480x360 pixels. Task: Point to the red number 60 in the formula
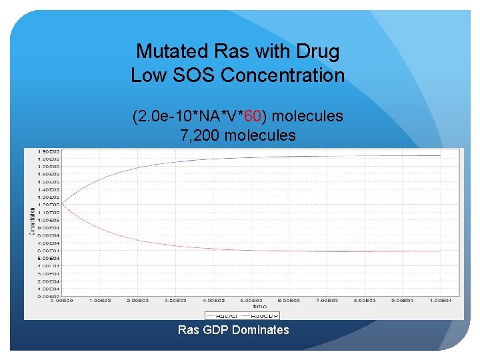[252, 117]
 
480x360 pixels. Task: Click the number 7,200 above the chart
[200, 136]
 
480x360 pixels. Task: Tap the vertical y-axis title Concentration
[31, 220]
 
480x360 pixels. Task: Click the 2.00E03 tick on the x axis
[139, 301]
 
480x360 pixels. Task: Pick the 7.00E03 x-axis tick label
[327, 301]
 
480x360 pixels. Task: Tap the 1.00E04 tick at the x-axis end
[441, 301]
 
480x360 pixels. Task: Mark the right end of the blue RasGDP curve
[441, 155]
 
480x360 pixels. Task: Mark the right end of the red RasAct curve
[441, 251]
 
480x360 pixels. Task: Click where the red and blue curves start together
[63, 203]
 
